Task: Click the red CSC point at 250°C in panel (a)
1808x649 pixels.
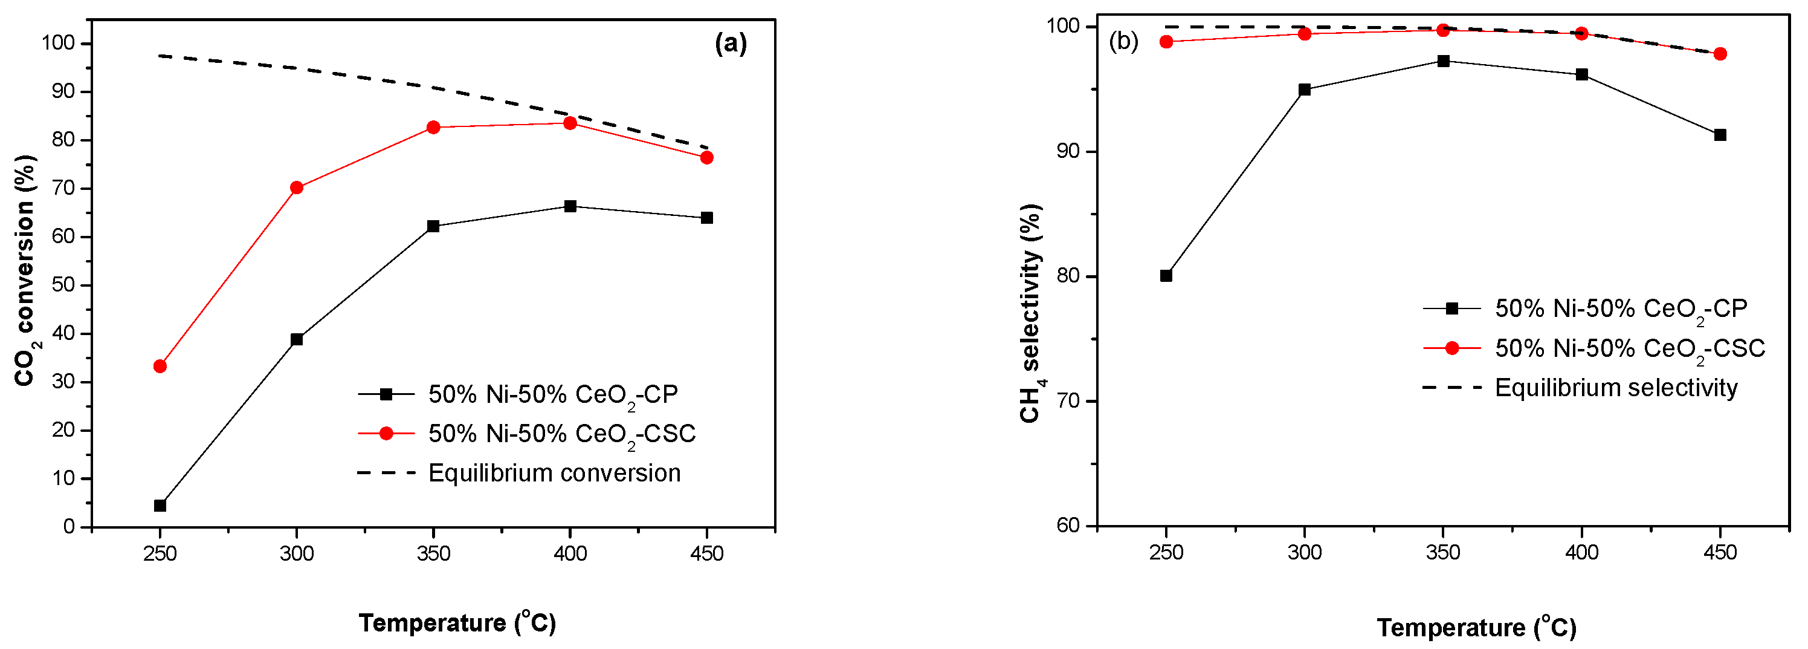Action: pyautogui.click(x=160, y=366)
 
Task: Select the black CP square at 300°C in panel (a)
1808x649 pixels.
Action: pyautogui.click(x=297, y=339)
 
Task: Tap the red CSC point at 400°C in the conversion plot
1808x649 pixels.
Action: pyautogui.click(x=570, y=123)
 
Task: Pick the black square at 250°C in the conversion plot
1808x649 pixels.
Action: pyautogui.click(x=160, y=506)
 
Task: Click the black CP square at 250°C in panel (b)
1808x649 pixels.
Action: pyautogui.click(x=1166, y=275)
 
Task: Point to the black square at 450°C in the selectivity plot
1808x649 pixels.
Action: pyautogui.click(x=1720, y=135)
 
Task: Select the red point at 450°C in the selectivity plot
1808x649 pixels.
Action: pyautogui.click(x=1720, y=54)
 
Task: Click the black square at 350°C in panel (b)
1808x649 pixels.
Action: pyautogui.click(x=1443, y=61)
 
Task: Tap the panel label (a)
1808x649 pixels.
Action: pyautogui.click(x=731, y=44)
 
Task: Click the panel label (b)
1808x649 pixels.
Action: pyautogui.click(x=1123, y=42)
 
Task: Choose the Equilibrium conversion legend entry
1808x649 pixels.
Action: pyautogui.click(x=555, y=473)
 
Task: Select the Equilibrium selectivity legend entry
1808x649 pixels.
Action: pyautogui.click(x=1616, y=388)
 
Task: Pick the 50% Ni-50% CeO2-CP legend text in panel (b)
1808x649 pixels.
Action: pyautogui.click(x=1621, y=309)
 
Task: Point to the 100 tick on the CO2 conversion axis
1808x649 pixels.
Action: pyautogui.click(x=57, y=44)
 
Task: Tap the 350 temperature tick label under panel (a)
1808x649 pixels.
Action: pyautogui.click(x=433, y=554)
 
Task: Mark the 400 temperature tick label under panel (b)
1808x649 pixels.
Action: pyautogui.click(x=1581, y=553)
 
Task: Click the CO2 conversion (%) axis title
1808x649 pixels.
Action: pyautogui.click(x=25, y=270)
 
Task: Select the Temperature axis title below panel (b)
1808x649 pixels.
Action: pyautogui.click(x=1476, y=627)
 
